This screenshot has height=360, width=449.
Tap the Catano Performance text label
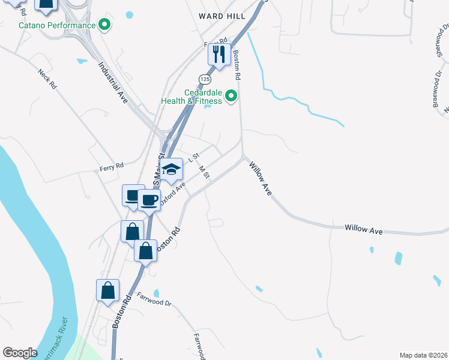57,25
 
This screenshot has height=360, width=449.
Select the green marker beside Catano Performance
105,25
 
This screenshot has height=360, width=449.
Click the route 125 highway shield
205,79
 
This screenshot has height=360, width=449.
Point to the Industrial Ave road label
113,83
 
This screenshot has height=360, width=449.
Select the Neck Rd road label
46,79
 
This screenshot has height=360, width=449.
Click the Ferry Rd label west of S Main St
111,165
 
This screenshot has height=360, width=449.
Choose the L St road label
193,158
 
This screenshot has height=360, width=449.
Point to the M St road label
204,173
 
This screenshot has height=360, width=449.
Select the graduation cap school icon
171,169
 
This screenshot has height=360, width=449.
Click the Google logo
20,353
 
